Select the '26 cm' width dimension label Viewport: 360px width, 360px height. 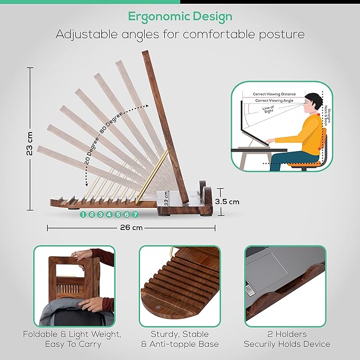click(x=130, y=229)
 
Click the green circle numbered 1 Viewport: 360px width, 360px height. click(x=83, y=215)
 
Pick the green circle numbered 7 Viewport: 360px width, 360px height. click(x=135, y=215)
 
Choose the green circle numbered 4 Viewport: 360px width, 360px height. click(x=109, y=215)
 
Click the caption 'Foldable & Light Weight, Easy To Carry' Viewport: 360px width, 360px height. click(x=72, y=339)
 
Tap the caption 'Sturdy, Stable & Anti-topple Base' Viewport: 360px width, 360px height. click(x=180, y=339)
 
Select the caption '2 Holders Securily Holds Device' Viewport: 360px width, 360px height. click(x=287, y=339)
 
